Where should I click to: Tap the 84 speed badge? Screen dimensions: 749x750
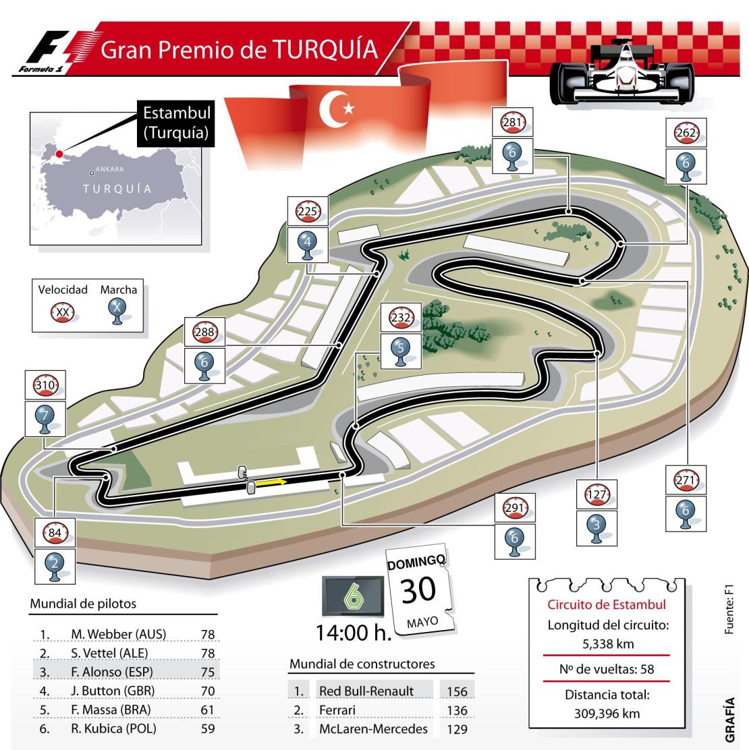[53, 535]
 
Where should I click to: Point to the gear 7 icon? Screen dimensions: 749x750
[45, 420]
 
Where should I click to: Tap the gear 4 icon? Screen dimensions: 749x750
[308, 245]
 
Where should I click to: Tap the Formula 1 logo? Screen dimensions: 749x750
[52, 53]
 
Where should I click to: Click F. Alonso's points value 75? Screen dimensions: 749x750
[207, 672]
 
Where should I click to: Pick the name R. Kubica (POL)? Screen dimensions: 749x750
[118, 728]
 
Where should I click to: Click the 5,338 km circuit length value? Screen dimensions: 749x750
[607, 643]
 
